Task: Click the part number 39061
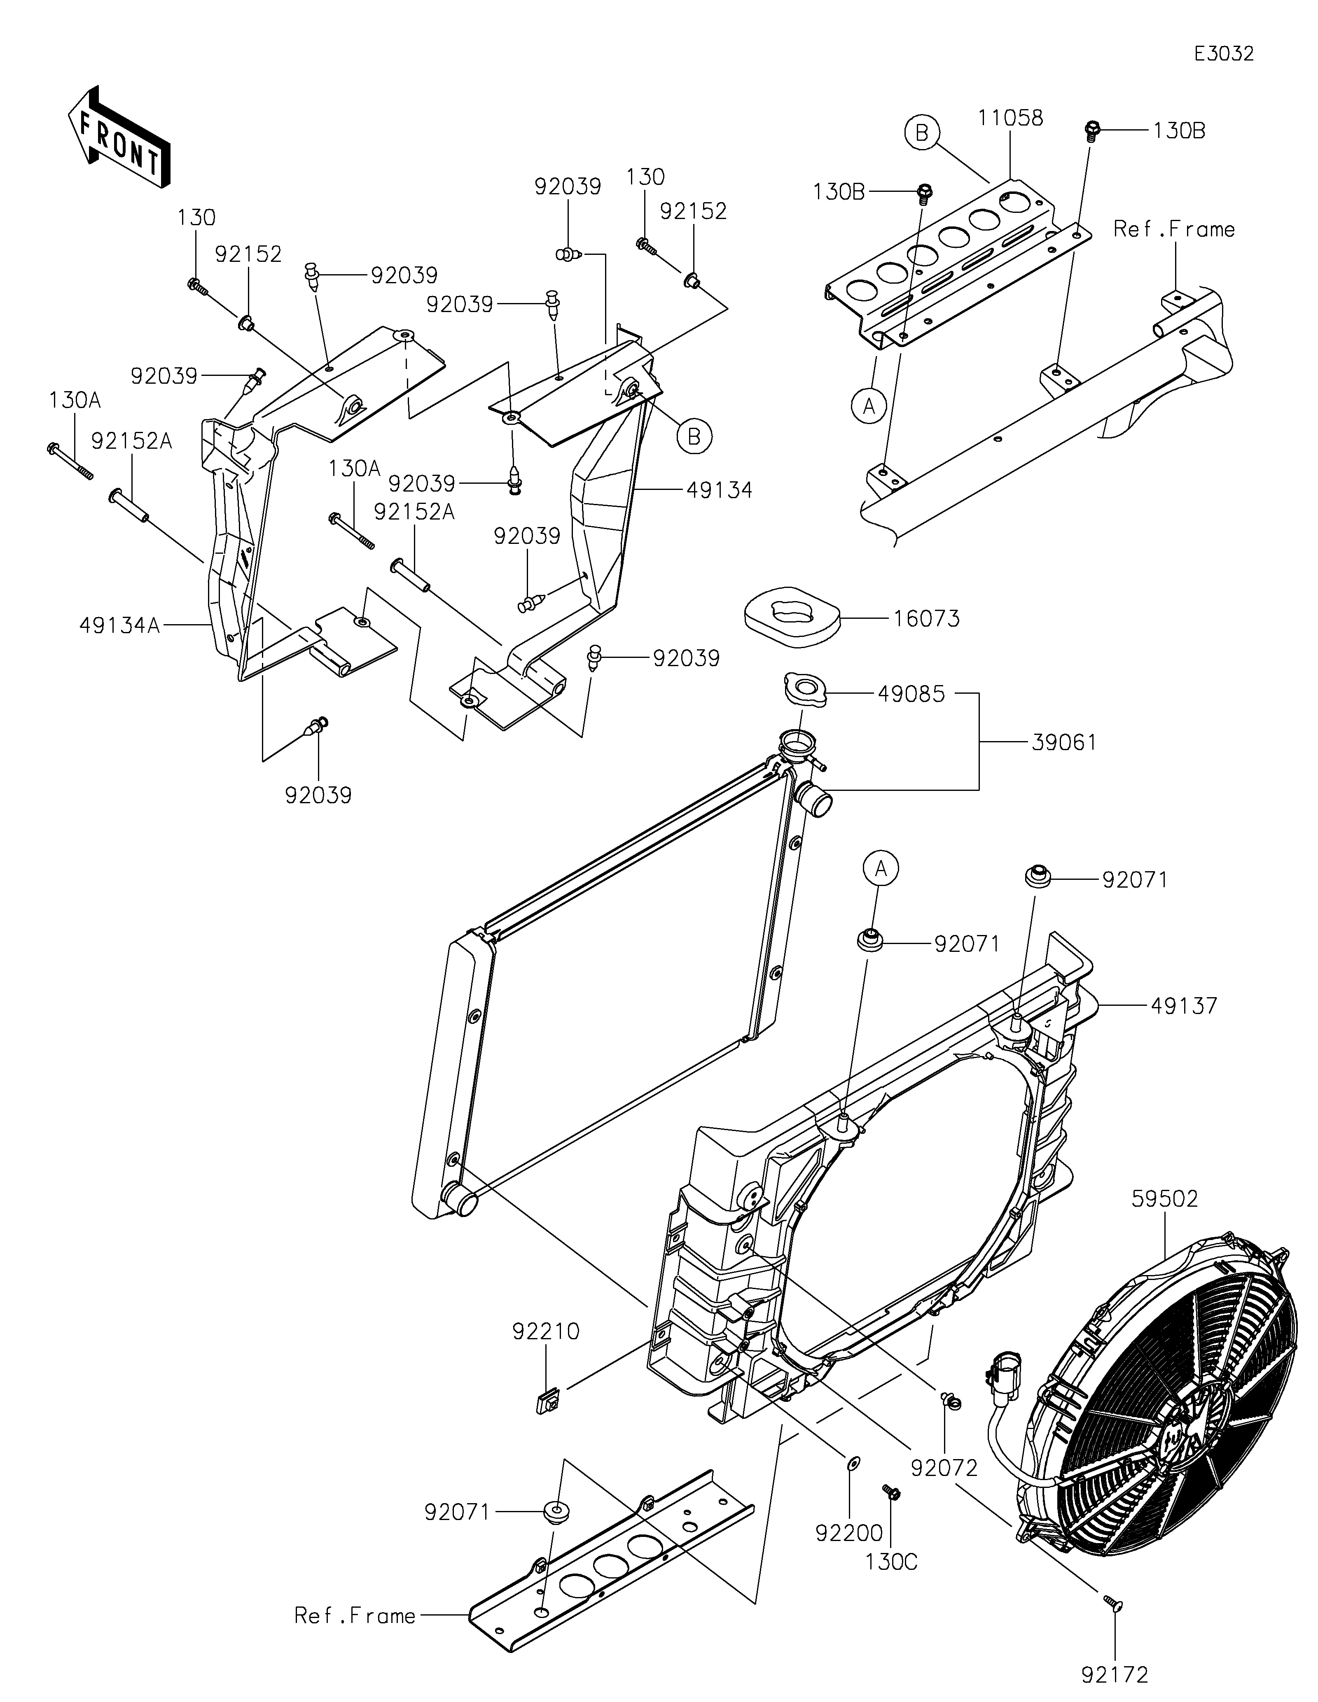tap(1064, 743)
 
